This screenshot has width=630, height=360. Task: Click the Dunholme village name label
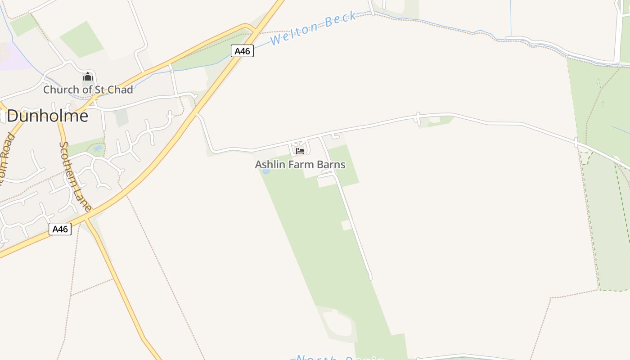[x=47, y=116]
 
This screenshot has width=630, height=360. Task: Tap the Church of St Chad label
[x=88, y=90]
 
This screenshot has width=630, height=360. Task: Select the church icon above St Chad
[x=88, y=77]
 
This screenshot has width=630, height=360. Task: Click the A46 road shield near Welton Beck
[x=242, y=51]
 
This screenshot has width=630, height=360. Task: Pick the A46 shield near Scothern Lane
[x=60, y=229]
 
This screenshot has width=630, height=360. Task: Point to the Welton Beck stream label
[x=313, y=28]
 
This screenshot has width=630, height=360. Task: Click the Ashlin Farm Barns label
[x=300, y=165]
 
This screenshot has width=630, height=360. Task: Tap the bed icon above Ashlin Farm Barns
[x=300, y=151]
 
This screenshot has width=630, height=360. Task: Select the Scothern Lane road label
[x=75, y=176]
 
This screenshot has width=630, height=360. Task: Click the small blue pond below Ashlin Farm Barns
[x=266, y=171]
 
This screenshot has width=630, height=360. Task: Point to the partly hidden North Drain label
[x=339, y=358]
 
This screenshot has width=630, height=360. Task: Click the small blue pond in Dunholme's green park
[x=97, y=148]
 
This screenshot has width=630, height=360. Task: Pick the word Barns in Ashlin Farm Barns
[x=330, y=165]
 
